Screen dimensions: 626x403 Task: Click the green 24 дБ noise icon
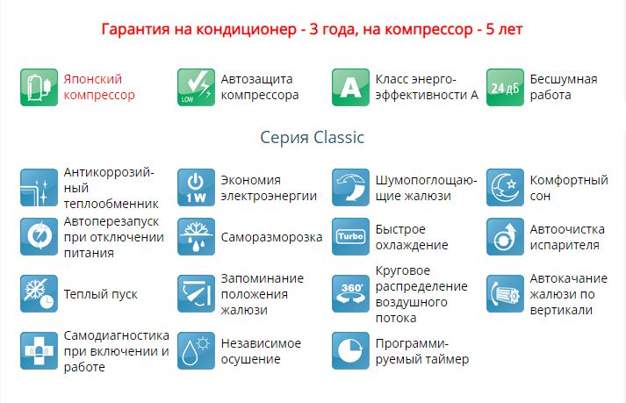click(x=505, y=87)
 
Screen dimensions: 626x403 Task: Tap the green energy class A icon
click(x=350, y=87)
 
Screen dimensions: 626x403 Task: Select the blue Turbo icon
click(x=350, y=236)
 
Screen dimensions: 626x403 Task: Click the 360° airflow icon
click(x=350, y=293)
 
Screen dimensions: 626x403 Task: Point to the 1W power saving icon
click(x=196, y=187)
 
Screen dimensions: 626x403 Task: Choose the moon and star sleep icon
click(x=505, y=187)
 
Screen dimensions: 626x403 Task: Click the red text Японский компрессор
click(x=99, y=87)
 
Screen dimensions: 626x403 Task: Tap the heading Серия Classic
click(x=312, y=137)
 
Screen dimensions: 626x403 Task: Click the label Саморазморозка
click(x=271, y=237)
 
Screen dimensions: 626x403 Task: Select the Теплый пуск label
click(x=101, y=294)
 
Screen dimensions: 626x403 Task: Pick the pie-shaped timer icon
click(x=350, y=350)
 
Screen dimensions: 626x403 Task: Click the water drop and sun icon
click(x=196, y=350)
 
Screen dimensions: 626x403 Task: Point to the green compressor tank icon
click(x=40, y=87)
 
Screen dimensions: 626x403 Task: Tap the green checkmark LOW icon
click(x=196, y=87)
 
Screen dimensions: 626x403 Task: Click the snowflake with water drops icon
click(x=196, y=236)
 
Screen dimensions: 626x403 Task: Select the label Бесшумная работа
click(x=564, y=87)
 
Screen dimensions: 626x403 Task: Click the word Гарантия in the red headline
click(x=136, y=30)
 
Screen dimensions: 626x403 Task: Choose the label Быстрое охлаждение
click(x=412, y=237)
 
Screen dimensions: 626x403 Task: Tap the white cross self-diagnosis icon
click(x=40, y=350)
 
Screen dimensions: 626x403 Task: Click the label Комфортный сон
click(x=569, y=188)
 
